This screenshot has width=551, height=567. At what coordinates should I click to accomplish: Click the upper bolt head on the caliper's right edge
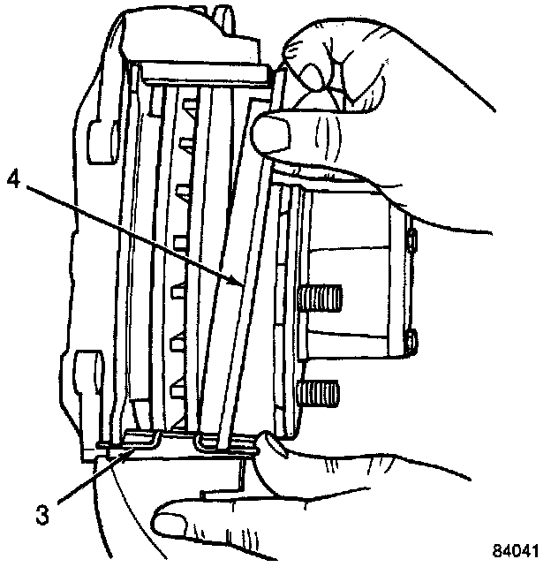pos(411,240)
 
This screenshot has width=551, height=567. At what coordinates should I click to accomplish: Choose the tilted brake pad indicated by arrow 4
pos(231,265)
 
